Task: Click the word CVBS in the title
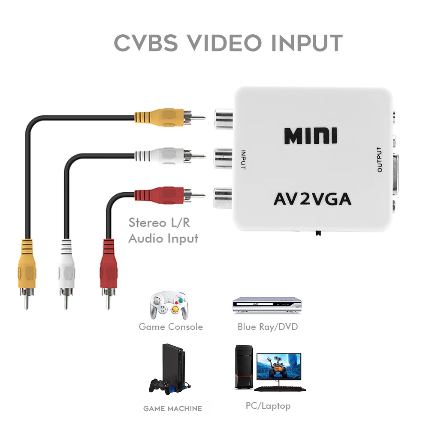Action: pos(146,43)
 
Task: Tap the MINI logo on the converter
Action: pos(310,136)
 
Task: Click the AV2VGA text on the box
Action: pos(312,199)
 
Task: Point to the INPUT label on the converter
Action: pos(243,159)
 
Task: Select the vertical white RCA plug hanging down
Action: pos(66,266)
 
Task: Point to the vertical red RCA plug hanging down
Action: pos(108,266)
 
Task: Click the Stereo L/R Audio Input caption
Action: pos(163,230)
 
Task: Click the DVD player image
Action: pos(266,305)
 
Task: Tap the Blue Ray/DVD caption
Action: pos(267,327)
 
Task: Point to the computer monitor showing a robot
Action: pos(278,367)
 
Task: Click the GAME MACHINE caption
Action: pos(172,408)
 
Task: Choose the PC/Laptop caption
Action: pos(268,405)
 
